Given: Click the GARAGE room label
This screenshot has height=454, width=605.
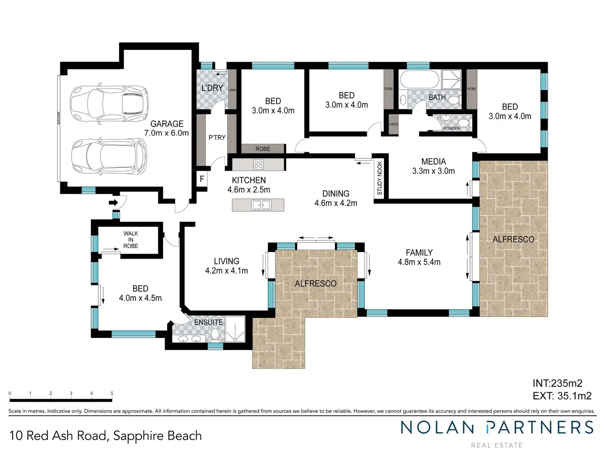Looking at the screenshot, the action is point(167,124).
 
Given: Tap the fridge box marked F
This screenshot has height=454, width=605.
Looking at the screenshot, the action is point(202,179).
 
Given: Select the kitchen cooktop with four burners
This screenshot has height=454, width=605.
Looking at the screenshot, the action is point(258,164).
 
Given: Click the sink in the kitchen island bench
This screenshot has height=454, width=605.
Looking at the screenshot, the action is point(261,205).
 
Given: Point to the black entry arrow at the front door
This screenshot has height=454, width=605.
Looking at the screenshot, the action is point(113,203).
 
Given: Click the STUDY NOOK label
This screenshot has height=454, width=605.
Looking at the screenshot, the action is point(379,178).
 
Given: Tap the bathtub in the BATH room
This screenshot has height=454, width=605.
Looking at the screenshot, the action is point(419,79).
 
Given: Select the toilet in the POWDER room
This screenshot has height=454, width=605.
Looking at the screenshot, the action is point(465,124).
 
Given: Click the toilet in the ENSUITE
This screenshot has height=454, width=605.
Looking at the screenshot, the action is point(215,334).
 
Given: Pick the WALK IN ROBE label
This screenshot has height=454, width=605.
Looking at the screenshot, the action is point(131,239).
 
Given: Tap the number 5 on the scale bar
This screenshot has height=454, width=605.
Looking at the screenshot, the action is point(112,394).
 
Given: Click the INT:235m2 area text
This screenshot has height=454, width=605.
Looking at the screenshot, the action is point(557,383).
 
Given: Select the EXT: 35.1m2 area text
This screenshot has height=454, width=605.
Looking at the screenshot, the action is point(562,396).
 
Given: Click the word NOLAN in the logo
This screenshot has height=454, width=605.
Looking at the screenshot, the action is point(437,428).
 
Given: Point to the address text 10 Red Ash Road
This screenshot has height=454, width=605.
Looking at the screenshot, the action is point(58,436).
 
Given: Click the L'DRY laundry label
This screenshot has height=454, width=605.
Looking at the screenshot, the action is point(212,88).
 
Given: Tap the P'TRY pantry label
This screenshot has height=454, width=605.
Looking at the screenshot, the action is point(217,137).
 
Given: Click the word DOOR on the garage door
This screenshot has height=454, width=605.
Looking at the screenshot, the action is point(59,118).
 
